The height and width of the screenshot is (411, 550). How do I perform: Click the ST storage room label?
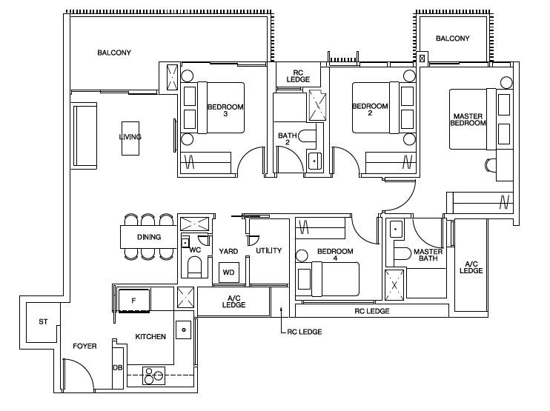[43, 321]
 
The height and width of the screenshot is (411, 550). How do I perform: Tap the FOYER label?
[85, 346]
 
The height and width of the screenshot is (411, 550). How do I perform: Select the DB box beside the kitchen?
[118, 368]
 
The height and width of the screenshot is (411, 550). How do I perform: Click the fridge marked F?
[134, 301]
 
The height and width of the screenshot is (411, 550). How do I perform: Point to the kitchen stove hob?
[153, 375]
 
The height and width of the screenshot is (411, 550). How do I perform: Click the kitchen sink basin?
[183, 330]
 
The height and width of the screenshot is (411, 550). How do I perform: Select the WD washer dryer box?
[229, 273]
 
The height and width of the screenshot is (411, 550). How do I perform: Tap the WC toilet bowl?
[195, 267]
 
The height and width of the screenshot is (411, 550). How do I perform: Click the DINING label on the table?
[149, 237]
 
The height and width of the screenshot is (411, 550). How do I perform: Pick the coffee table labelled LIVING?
[130, 138]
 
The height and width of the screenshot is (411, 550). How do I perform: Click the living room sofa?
[85, 136]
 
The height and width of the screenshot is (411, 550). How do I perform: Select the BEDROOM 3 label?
[225, 110]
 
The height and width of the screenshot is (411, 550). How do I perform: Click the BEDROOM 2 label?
[370, 110]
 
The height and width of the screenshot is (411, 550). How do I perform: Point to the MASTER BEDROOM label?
[468, 119]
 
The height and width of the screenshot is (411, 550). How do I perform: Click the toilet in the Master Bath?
[402, 254]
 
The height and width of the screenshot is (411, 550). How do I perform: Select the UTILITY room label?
[268, 250]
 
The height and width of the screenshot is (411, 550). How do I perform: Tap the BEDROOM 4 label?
[335, 255]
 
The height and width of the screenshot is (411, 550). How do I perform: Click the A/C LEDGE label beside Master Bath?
[471, 267]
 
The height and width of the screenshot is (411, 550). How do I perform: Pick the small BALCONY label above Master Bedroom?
[452, 39]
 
